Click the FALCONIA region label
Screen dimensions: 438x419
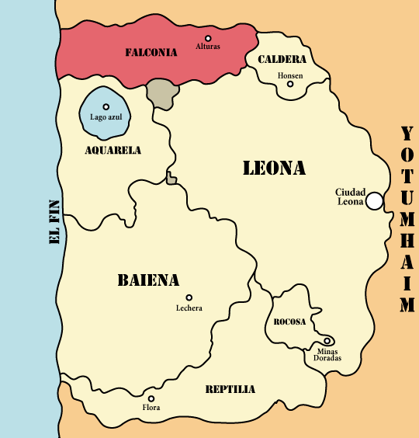(151, 53)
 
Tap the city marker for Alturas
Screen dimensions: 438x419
(208, 38)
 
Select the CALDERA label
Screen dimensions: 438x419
(282, 59)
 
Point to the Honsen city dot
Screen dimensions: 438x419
(290, 84)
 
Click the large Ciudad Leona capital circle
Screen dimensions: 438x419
(374, 201)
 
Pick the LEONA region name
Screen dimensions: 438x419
(274, 168)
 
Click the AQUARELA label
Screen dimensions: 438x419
(113, 150)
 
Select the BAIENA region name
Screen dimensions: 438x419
(148, 280)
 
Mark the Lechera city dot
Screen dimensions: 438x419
(189, 297)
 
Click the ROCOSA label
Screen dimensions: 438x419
(289, 322)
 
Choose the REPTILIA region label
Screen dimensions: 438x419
(230, 389)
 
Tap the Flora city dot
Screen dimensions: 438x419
(151, 398)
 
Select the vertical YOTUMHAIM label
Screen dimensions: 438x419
(407, 219)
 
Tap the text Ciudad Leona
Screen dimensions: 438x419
(350, 196)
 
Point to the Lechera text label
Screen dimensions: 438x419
(189, 308)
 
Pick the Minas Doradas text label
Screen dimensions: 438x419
(327, 354)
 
